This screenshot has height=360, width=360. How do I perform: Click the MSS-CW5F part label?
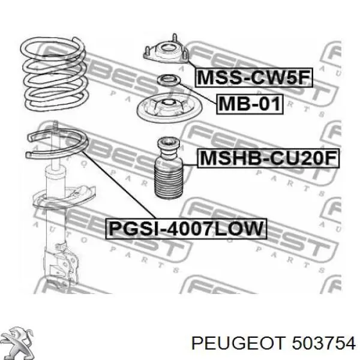[254, 77]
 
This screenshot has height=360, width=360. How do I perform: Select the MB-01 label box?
[250, 104]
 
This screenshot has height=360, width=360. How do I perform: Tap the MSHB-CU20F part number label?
[268, 158]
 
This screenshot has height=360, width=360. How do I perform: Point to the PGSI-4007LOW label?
[186, 229]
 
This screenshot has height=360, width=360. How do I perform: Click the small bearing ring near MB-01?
[169, 80]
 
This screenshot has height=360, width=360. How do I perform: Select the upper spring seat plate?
[169, 107]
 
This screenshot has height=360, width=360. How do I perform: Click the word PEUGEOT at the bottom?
[239, 343]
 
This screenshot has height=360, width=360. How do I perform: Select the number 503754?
[323, 343]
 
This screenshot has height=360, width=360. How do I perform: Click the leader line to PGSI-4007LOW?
[119, 185]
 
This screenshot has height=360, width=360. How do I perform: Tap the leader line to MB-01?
[198, 94]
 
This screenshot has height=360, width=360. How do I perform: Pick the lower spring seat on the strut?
[64, 197]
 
